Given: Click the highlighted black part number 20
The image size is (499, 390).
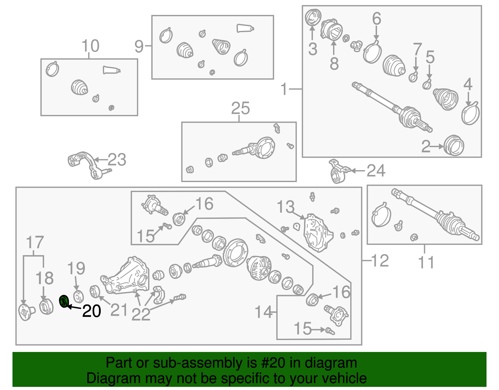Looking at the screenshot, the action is point(91,311).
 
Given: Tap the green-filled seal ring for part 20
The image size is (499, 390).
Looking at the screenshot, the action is point(64,301).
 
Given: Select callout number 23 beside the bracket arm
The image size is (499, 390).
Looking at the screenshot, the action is point(117,160).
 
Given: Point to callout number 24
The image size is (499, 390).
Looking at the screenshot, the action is point(376,171).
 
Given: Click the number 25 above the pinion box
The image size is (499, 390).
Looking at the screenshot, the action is point(240,108).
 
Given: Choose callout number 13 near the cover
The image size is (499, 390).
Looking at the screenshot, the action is point(285,207).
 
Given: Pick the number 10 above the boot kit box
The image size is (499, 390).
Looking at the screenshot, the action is point(90,46).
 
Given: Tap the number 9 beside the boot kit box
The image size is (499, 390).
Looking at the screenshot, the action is point(139,47).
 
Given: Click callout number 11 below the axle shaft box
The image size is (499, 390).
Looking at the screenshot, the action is point(426,263).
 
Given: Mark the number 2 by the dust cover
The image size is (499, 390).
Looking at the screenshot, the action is point(426,146).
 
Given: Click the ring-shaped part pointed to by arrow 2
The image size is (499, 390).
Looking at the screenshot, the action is point(454,145).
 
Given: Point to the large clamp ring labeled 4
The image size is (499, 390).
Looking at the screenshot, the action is point(470,113).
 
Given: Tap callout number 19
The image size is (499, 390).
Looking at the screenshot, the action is point(76,268).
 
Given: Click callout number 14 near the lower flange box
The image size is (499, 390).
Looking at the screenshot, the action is point(264,312).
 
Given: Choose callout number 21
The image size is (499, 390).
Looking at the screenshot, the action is point(119,310).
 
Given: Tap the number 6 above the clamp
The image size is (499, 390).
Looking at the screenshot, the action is point(377,18).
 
